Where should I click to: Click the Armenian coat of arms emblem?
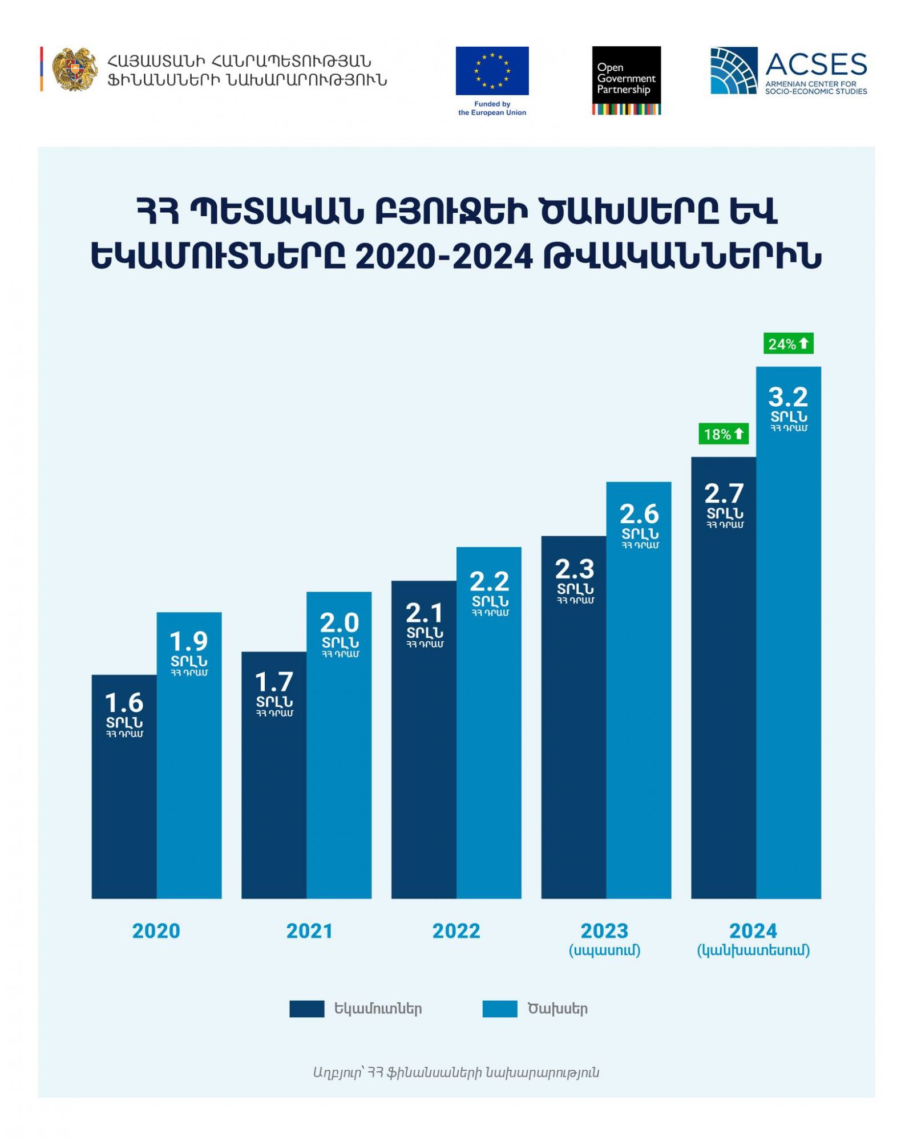pos(74,69)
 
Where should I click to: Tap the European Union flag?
pos(492,71)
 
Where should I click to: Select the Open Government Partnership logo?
pos(626,80)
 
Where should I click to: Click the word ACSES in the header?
pos(816,64)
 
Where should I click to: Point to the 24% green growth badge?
pos(788,343)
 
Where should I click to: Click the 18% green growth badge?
pos(724,434)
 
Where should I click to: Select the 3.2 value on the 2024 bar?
pos(788,397)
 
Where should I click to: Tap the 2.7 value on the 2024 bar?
pos(724,493)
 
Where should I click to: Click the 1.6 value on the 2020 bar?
pos(124,703)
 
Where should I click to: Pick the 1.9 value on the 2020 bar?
pos(189,641)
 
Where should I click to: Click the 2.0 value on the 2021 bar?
pos(339,622)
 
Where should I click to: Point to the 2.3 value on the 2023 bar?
pos(574,569)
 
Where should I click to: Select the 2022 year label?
pos(456,931)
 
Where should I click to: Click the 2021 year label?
pos(309,931)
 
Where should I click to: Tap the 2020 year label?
pos(156,931)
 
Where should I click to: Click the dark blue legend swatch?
pos(306,1009)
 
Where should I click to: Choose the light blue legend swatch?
pos(499,1009)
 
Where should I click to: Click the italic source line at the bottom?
pos(456,1073)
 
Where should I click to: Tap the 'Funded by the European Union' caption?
pos(492,108)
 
